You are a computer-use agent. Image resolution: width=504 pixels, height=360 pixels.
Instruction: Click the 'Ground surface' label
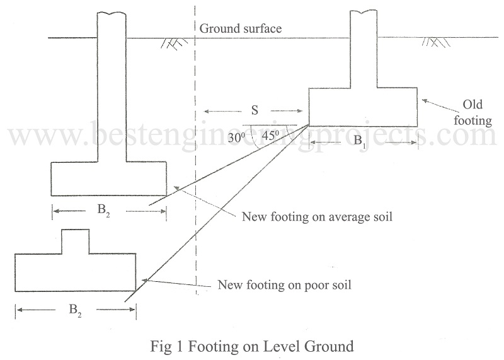240,28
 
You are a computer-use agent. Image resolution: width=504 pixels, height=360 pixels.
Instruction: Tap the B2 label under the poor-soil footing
70,310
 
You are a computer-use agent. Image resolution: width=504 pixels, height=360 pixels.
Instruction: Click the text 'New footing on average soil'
318,218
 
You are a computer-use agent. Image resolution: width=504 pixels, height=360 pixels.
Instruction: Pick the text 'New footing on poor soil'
283,284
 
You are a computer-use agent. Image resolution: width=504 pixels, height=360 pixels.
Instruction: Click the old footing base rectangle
363,107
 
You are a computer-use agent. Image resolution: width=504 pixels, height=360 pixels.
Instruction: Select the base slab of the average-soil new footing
109,178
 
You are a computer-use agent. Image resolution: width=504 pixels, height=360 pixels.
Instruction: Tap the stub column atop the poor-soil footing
75,241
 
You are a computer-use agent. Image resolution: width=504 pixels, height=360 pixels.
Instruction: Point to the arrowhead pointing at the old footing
424,100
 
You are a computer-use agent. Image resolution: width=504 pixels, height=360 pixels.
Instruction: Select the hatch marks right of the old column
436,43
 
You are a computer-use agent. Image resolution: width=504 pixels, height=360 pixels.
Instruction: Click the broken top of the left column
112,13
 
